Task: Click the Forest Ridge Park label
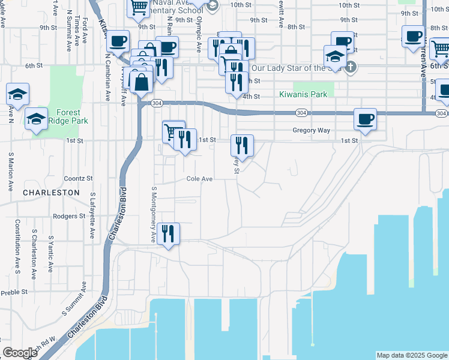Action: [x=72, y=116]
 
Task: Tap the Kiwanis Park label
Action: [x=303, y=94]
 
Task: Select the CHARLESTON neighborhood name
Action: [x=51, y=193]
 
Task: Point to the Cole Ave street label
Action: [x=200, y=179]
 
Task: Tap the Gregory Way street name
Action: [x=312, y=130]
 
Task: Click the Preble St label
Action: [x=14, y=292]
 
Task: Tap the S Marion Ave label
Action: [x=11, y=172]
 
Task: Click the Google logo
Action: [x=20, y=353]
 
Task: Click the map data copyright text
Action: [x=412, y=355]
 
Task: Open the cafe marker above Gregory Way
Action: [x=365, y=119]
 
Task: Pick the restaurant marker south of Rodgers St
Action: [x=168, y=235]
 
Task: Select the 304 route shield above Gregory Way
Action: [x=302, y=113]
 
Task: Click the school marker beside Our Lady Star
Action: [x=335, y=57]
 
